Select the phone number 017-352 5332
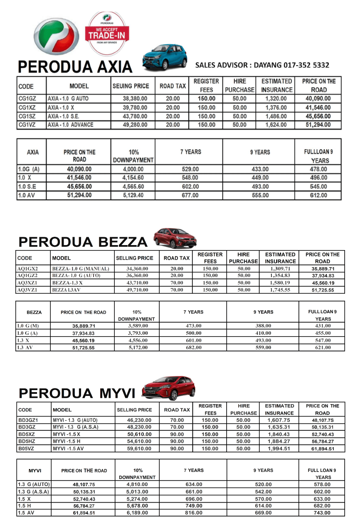coord(306,65)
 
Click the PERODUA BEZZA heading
coord(83,242)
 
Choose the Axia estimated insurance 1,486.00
coord(276,116)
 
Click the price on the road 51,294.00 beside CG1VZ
coord(317,125)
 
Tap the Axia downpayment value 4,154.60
coord(133,178)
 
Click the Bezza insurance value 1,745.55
coord(280,290)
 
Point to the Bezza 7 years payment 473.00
coord(193,326)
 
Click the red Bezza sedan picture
coord(175,238)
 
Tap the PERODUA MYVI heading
coord(77,393)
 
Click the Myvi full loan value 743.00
coord(323,513)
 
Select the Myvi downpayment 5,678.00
coord(137,506)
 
